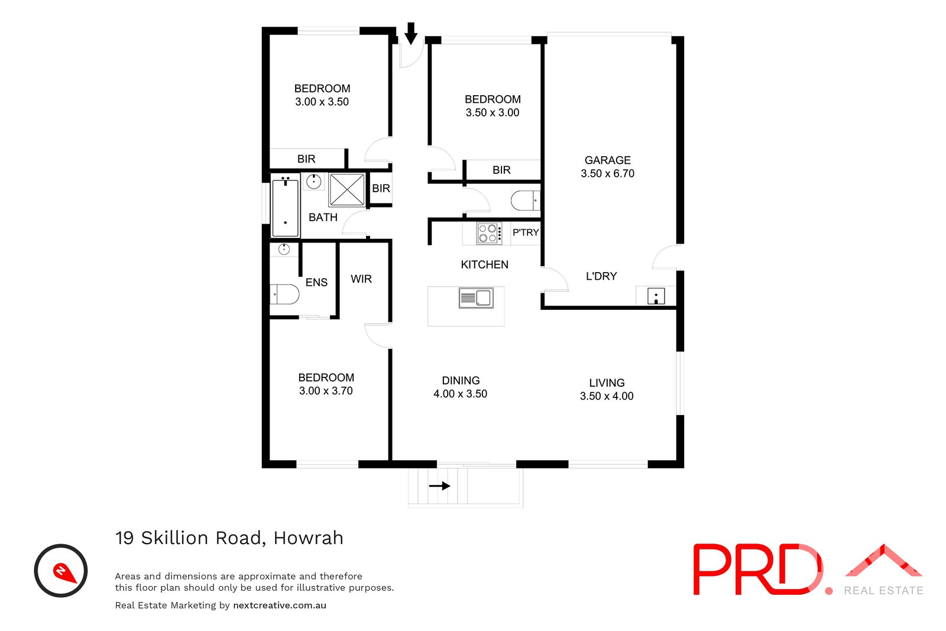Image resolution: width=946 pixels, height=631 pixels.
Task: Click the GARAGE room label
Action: click(x=607, y=160)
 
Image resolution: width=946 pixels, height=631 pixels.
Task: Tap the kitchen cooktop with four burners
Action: click(x=489, y=233)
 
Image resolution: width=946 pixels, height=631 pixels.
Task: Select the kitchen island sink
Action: click(x=476, y=298)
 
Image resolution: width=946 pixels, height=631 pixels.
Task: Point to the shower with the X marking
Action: click(x=346, y=190)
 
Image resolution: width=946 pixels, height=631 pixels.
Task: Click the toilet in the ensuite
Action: click(x=285, y=294)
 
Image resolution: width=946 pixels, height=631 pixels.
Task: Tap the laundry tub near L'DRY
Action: click(x=656, y=296)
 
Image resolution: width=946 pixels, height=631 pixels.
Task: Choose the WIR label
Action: click(x=361, y=279)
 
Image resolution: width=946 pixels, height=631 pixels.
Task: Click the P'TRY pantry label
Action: click(x=525, y=232)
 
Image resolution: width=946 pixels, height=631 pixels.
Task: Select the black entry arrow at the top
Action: click(x=411, y=33)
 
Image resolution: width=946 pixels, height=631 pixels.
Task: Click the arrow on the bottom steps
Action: click(x=439, y=486)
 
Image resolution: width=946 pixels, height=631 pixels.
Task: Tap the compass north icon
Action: click(x=61, y=571)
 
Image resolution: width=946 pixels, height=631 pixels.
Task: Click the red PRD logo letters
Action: click(x=757, y=569)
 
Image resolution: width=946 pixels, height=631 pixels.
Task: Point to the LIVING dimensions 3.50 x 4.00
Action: click(x=607, y=396)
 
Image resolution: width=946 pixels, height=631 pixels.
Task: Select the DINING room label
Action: click(x=461, y=381)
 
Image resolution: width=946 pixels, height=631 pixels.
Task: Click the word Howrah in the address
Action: click(x=308, y=538)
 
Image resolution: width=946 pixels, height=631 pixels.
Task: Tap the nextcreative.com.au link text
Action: click(x=280, y=605)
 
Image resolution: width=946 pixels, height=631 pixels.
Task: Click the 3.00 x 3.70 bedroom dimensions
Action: click(x=326, y=391)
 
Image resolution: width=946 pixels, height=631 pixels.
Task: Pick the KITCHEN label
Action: click(x=484, y=264)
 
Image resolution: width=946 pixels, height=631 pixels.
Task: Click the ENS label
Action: click(x=316, y=283)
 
